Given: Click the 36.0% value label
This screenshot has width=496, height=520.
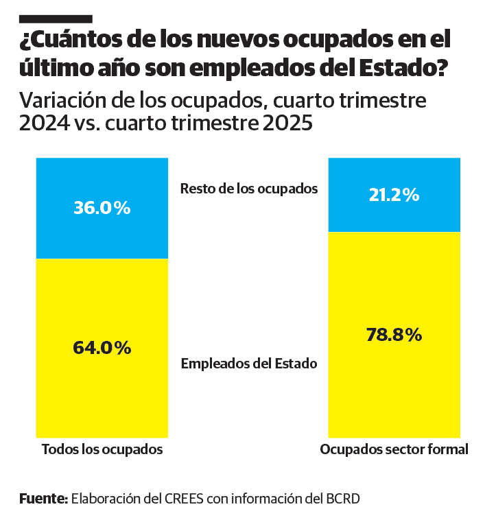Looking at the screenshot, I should pyautogui.click(x=102, y=208).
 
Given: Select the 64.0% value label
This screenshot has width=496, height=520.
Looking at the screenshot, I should pyautogui.click(x=102, y=348).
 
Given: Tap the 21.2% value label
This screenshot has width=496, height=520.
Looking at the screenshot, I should pyautogui.click(x=394, y=196).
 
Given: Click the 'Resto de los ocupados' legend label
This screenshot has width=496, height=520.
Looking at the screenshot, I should pyautogui.click(x=249, y=189).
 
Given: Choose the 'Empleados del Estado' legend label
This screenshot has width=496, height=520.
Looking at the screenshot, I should pyautogui.click(x=249, y=364).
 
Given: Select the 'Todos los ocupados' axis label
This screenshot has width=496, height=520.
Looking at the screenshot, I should pyautogui.click(x=102, y=450).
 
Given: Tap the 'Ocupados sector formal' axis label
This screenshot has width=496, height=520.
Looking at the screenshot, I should pyautogui.click(x=394, y=450).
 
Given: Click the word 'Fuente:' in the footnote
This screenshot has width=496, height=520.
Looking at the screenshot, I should pyautogui.click(x=43, y=498).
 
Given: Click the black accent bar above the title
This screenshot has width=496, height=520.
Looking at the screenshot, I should pyautogui.click(x=55, y=19).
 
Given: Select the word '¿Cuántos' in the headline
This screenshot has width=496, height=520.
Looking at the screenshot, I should pyautogui.click(x=62, y=41).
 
